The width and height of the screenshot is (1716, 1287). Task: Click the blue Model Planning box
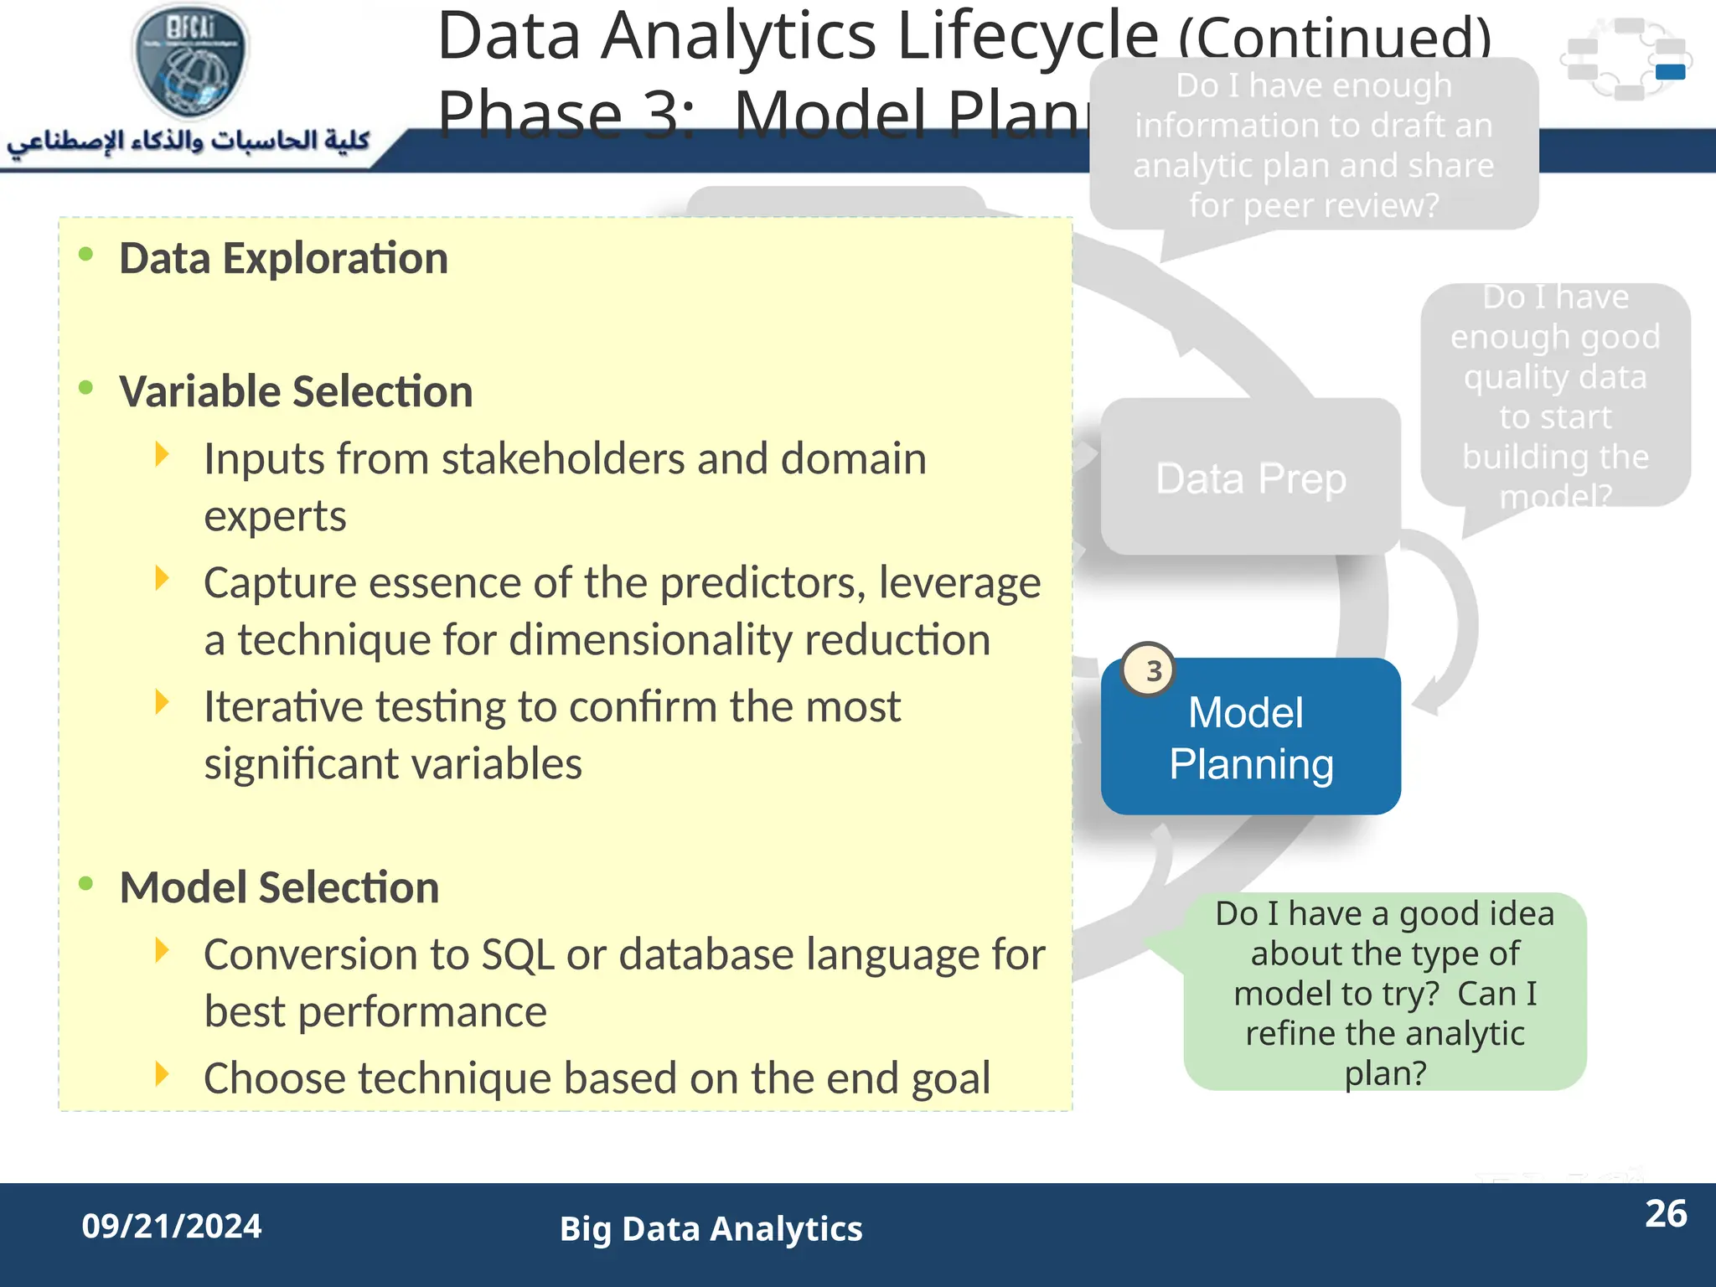pyautogui.click(x=1250, y=737)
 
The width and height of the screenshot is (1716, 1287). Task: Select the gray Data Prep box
pyautogui.click(x=1250, y=478)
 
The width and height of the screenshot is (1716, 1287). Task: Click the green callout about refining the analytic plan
pyautogui.click(x=1384, y=992)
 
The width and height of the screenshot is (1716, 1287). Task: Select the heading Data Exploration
pyautogui.click(x=283, y=258)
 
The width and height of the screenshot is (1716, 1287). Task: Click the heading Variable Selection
pyautogui.click(x=296, y=391)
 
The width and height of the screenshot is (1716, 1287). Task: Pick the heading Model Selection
pyautogui.click(x=279, y=887)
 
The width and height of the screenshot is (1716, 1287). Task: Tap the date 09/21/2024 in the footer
pyautogui.click(x=172, y=1226)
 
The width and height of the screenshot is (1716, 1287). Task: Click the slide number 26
pyautogui.click(x=1665, y=1213)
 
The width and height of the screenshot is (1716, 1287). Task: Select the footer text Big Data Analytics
pyautogui.click(x=711, y=1228)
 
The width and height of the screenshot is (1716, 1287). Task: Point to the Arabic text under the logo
pyautogui.click(x=189, y=141)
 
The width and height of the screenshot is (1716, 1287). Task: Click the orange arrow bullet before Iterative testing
pyautogui.click(x=163, y=702)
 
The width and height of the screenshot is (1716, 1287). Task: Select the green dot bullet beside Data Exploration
pyautogui.click(x=85, y=254)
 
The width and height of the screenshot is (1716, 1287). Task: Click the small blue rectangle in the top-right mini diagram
pyautogui.click(x=1670, y=72)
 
